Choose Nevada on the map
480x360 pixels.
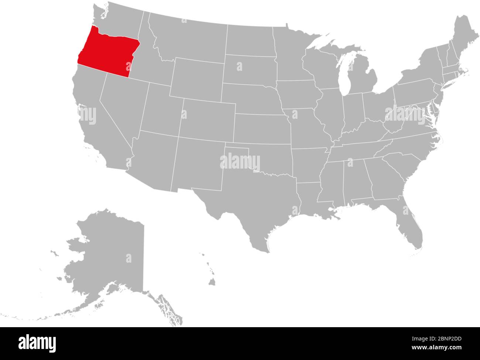(x=118, y=107)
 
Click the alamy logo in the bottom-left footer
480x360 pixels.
(x=33, y=341)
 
